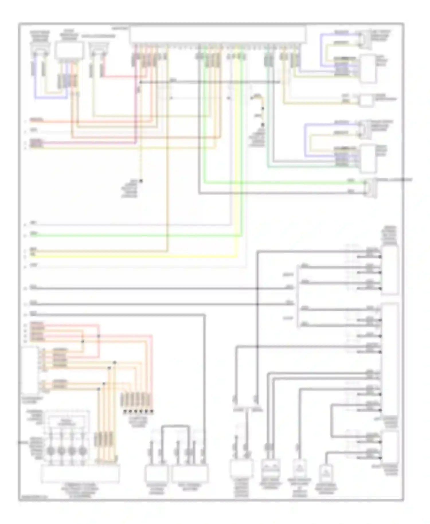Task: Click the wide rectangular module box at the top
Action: [218, 34]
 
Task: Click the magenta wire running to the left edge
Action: [86, 142]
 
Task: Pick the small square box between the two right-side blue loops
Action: [366, 100]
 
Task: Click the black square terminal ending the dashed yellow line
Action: [141, 181]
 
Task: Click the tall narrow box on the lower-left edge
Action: [30, 370]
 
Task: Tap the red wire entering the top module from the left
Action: [120, 76]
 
